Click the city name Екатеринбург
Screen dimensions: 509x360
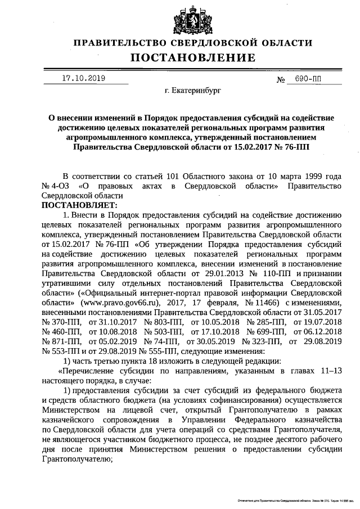(197, 89)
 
